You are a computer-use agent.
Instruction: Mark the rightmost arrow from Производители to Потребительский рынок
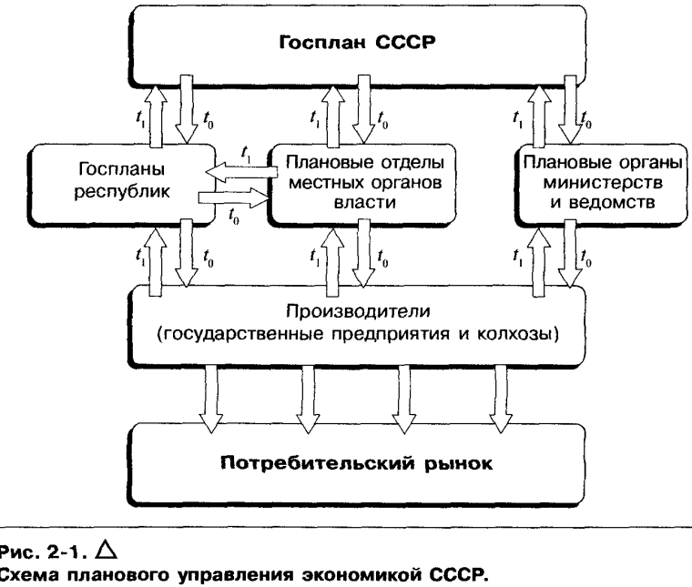coord(499,389)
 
